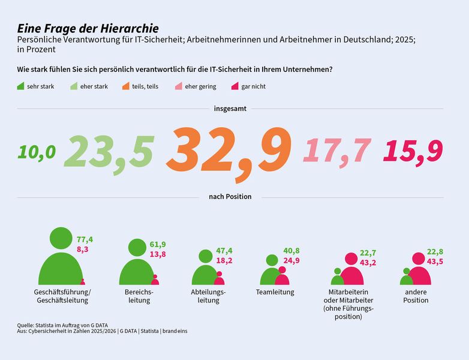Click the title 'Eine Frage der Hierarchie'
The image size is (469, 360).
[88, 28]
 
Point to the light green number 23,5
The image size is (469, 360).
[109, 152]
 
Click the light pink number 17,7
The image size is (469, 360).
[337, 151]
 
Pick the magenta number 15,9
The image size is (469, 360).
[413, 152]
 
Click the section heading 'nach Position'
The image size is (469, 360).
[230, 197]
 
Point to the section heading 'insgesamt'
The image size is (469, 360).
[230, 109]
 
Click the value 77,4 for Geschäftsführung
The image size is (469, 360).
[85, 239]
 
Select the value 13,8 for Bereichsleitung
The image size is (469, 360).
[158, 254]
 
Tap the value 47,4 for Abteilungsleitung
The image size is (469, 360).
[224, 251]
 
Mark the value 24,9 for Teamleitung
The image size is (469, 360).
[291, 260]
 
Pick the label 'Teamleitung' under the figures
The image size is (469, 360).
[275, 292]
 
